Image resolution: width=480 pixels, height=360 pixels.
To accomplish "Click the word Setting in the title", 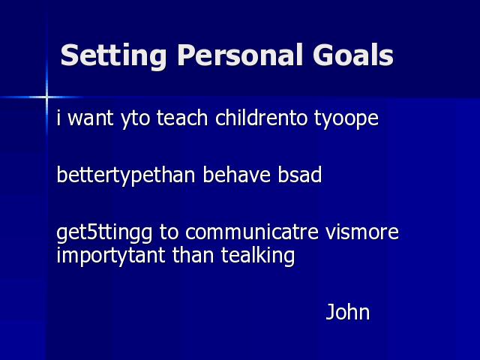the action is [x=113, y=55].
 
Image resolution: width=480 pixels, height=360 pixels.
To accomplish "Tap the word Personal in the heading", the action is [x=240, y=55].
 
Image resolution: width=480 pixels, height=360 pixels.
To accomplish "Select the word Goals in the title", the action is [x=353, y=55].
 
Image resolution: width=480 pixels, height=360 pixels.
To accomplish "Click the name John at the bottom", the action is [x=348, y=312].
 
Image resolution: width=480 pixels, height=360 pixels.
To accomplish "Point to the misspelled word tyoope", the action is [x=346, y=119].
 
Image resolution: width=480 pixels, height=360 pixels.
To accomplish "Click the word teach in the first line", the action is [x=182, y=118].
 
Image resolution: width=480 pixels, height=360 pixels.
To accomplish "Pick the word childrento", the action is [x=261, y=118].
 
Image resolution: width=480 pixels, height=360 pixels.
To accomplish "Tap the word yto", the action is [x=135, y=119].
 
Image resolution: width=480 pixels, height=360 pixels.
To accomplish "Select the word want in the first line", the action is [x=90, y=118].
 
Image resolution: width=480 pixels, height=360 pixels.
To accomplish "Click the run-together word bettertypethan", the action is [x=126, y=176].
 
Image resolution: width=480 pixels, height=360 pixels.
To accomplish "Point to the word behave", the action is [x=237, y=175].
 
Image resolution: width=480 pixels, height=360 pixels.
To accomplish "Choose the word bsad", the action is [x=300, y=175].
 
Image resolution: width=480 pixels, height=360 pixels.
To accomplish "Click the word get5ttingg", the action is [x=104, y=233].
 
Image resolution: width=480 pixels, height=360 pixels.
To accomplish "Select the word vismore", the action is [x=361, y=232].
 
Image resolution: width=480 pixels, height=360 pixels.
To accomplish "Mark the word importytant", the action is [x=111, y=256].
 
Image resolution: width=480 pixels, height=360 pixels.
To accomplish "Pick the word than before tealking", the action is [x=193, y=255].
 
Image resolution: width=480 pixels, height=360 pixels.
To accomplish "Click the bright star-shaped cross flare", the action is [x=46, y=97].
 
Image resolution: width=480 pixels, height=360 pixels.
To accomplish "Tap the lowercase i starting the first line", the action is [x=58, y=118].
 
